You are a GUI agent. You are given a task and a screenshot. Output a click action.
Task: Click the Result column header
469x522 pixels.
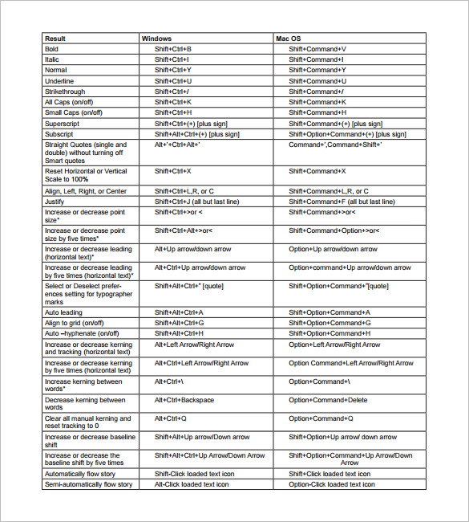point(55,39)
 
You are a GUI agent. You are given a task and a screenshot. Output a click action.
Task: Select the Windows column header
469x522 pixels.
point(156,39)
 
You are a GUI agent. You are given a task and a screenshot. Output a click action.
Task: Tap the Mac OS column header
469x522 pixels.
point(289,39)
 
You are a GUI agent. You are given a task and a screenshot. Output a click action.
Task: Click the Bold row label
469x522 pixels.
point(52,49)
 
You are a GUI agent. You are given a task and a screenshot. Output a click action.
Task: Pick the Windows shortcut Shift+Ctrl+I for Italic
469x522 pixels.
point(172,59)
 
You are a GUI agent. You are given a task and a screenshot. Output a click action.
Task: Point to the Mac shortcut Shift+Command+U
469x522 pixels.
point(317,81)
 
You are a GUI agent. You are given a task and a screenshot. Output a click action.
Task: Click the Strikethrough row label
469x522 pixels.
point(66,92)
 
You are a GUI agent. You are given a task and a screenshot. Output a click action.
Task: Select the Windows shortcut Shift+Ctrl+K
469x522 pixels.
point(173,102)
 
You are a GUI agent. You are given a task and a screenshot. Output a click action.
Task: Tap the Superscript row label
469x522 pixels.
point(63,124)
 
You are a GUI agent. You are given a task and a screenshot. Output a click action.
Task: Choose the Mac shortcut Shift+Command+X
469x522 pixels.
point(317,171)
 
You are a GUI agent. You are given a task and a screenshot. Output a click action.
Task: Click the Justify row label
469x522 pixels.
point(55,202)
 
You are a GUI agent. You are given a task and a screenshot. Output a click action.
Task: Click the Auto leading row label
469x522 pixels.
point(63,312)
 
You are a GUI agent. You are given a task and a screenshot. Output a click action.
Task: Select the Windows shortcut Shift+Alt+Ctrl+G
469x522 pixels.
point(180,323)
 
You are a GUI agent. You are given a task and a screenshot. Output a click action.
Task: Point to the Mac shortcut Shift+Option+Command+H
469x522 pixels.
point(330,333)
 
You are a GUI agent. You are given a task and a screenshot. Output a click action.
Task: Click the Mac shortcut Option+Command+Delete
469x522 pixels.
point(328,400)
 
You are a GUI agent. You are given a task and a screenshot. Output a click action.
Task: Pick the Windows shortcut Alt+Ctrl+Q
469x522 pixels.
point(171,418)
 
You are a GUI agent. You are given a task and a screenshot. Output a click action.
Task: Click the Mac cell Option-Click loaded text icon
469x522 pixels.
point(330,484)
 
